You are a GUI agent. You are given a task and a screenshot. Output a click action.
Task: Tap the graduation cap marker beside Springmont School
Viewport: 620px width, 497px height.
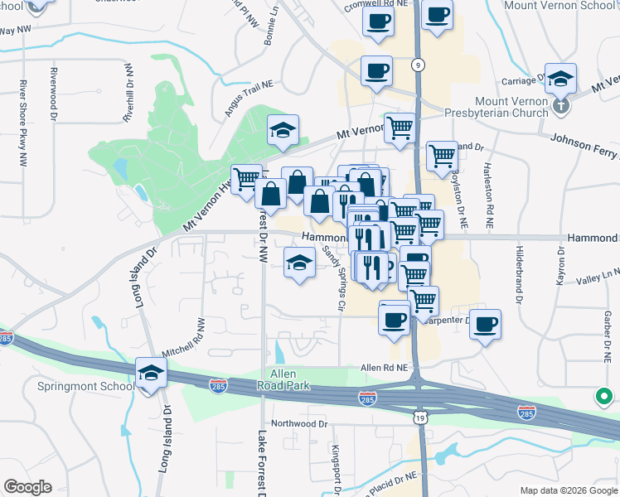151,374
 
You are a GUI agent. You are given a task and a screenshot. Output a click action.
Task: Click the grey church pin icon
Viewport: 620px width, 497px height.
561,105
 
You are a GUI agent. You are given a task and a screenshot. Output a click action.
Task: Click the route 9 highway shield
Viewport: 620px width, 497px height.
419,65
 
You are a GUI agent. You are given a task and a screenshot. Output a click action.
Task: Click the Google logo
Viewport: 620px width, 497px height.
27,487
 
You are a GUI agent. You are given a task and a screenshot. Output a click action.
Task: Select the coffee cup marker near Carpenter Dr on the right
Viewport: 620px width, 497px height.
485,323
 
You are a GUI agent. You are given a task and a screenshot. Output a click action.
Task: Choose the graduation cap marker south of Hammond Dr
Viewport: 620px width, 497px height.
299,263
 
